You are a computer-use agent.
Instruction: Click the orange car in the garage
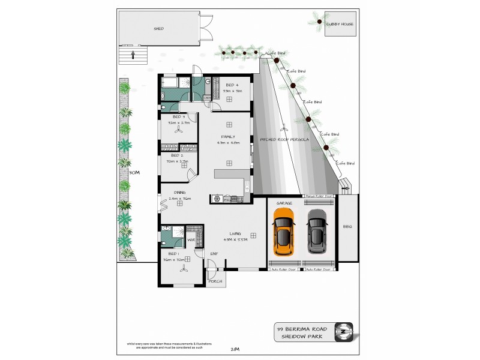tap(284, 231)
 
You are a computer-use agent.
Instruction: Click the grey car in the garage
tap(318, 231)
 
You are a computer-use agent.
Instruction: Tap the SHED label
tap(159, 28)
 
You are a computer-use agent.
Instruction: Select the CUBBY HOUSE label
tap(340, 24)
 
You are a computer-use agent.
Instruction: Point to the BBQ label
tap(347, 227)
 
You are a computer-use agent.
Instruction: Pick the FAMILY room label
tap(228, 137)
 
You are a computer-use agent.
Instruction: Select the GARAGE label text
tap(284, 203)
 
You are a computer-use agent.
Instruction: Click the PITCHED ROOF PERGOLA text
tap(284, 139)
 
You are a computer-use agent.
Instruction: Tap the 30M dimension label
tap(133, 172)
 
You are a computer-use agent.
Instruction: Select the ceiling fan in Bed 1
tap(182, 271)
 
